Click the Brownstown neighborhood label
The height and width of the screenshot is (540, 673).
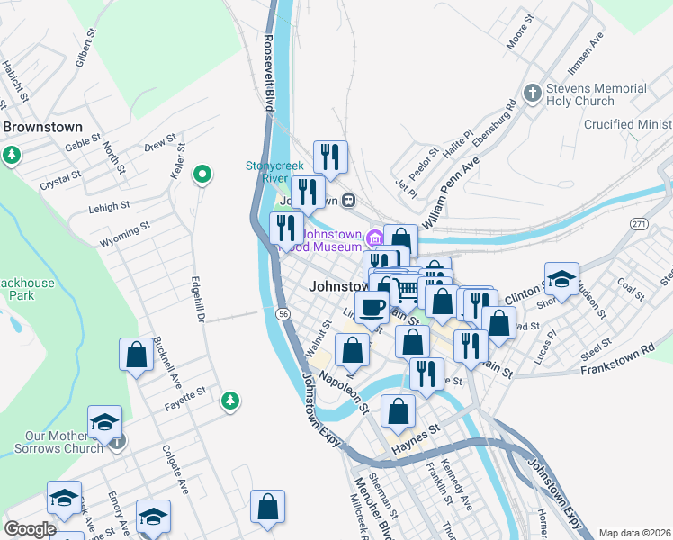pos(42,128)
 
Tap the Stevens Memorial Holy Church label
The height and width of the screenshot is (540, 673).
pos(597,95)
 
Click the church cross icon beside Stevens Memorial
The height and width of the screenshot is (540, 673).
pos(533,93)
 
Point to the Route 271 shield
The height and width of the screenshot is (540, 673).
pos(639,223)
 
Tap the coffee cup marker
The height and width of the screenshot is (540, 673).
pos(372,307)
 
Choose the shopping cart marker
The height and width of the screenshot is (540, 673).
pos(407,289)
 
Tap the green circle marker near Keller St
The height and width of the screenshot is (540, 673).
pos(203,174)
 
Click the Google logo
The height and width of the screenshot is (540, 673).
pos(30,529)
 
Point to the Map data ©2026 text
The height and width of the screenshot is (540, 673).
pos(634,533)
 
